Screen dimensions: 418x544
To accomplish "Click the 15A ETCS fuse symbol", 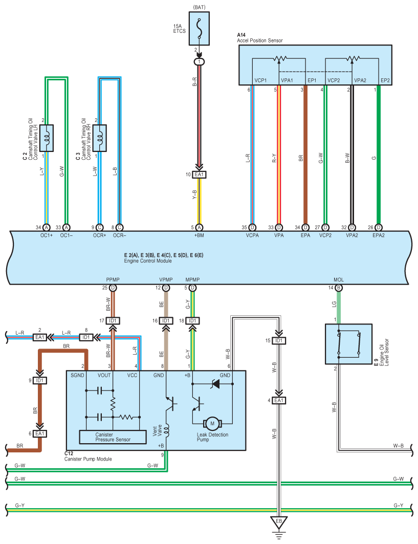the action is point(199,29).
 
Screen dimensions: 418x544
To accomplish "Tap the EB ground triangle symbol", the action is point(278,522).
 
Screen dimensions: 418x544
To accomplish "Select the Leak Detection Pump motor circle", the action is point(212,423).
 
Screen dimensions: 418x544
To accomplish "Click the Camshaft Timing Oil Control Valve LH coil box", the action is point(47,138).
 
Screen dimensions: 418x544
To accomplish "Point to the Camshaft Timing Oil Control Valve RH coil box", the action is point(100,138).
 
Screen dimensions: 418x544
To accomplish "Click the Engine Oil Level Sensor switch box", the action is point(348,344).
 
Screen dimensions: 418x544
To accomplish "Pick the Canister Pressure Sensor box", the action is point(113,437).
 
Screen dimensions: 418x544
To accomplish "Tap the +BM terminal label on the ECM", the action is point(199,235).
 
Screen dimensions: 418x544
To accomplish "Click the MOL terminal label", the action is point(339,279).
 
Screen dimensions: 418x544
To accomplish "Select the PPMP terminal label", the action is point(113,279).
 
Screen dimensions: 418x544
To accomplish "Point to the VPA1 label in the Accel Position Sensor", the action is point(287,80).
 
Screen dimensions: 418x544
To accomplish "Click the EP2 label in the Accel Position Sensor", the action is point(385,80).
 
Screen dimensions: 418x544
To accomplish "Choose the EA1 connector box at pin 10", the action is point(199,175).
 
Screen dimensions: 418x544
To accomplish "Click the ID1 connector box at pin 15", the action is point(279,341).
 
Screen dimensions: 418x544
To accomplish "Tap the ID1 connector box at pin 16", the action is point(166,321).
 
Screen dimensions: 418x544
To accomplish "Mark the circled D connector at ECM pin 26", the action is point(379,228).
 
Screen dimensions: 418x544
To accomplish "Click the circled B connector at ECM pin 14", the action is point(339,288).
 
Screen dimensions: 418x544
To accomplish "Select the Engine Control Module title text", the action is point(148,261).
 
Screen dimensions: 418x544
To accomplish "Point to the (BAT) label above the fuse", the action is point(199,7).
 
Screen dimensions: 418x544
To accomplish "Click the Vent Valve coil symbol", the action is point(166,430).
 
